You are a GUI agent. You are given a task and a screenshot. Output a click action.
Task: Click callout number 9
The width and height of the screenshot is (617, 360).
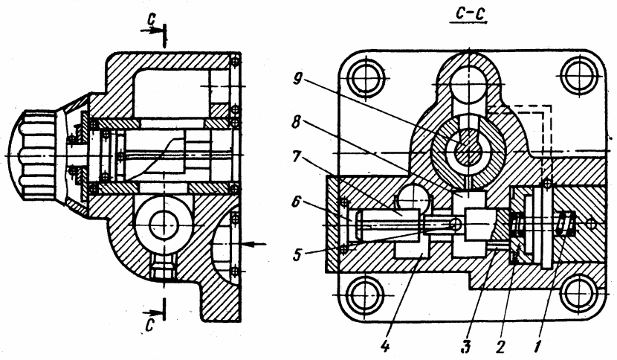pyautogui.click(x=298, y=80)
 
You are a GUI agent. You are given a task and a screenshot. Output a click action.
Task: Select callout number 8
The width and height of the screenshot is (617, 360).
pyautogui.click(x=297, y=122)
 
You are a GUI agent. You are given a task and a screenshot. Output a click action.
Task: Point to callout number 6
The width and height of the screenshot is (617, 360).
pyautogui.click(x=297, y=204)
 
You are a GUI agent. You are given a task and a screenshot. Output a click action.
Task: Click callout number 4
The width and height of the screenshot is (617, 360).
pyautogui.click(x=385, y=346)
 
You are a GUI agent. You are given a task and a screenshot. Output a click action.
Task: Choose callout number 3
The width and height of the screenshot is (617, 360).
pyautogui.click(x=466, y=347)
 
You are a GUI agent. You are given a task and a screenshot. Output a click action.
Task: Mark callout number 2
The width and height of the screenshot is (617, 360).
pyautogui.click(x=500, y=347)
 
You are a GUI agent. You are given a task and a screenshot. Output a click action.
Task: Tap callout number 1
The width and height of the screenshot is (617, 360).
pyautogui.click(x=537, y=347)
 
